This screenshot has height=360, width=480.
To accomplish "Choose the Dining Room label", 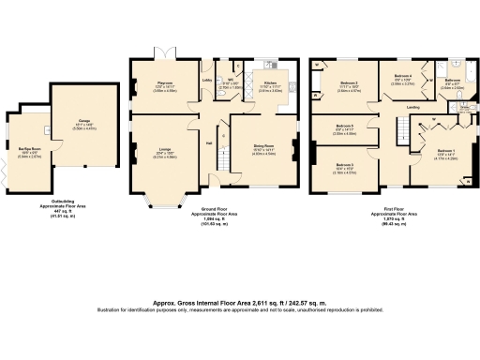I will pos(263,146).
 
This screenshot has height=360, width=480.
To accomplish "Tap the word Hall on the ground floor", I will pos(209,142).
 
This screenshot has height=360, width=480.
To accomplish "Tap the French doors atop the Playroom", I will pos(166,48).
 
